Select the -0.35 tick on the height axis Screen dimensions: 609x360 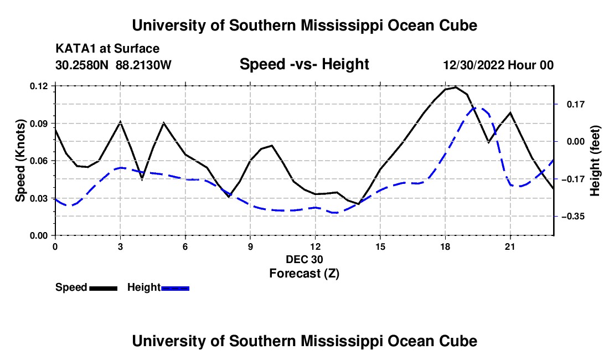coord(573,217)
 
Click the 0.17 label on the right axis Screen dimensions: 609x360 coord(576,105)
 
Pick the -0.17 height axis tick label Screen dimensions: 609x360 coord(573,179)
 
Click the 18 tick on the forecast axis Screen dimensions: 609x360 coord(445,246)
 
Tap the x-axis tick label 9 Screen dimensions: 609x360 coord(250,246)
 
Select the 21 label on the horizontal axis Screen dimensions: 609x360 coord(510,246)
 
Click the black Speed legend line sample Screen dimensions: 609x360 coord(104,288)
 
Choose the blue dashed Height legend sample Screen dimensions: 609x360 coord(175,288)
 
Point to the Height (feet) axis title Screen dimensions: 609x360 coord(595,161)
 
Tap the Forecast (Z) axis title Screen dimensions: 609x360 coord(304,274)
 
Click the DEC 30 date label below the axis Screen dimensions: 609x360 coord(304,259)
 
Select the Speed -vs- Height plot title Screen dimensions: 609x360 coord(304,64)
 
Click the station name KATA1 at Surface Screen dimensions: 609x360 coord(107,49)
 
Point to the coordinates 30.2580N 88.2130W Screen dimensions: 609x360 coord(113,65)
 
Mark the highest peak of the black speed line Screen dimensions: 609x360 coord(456,87)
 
